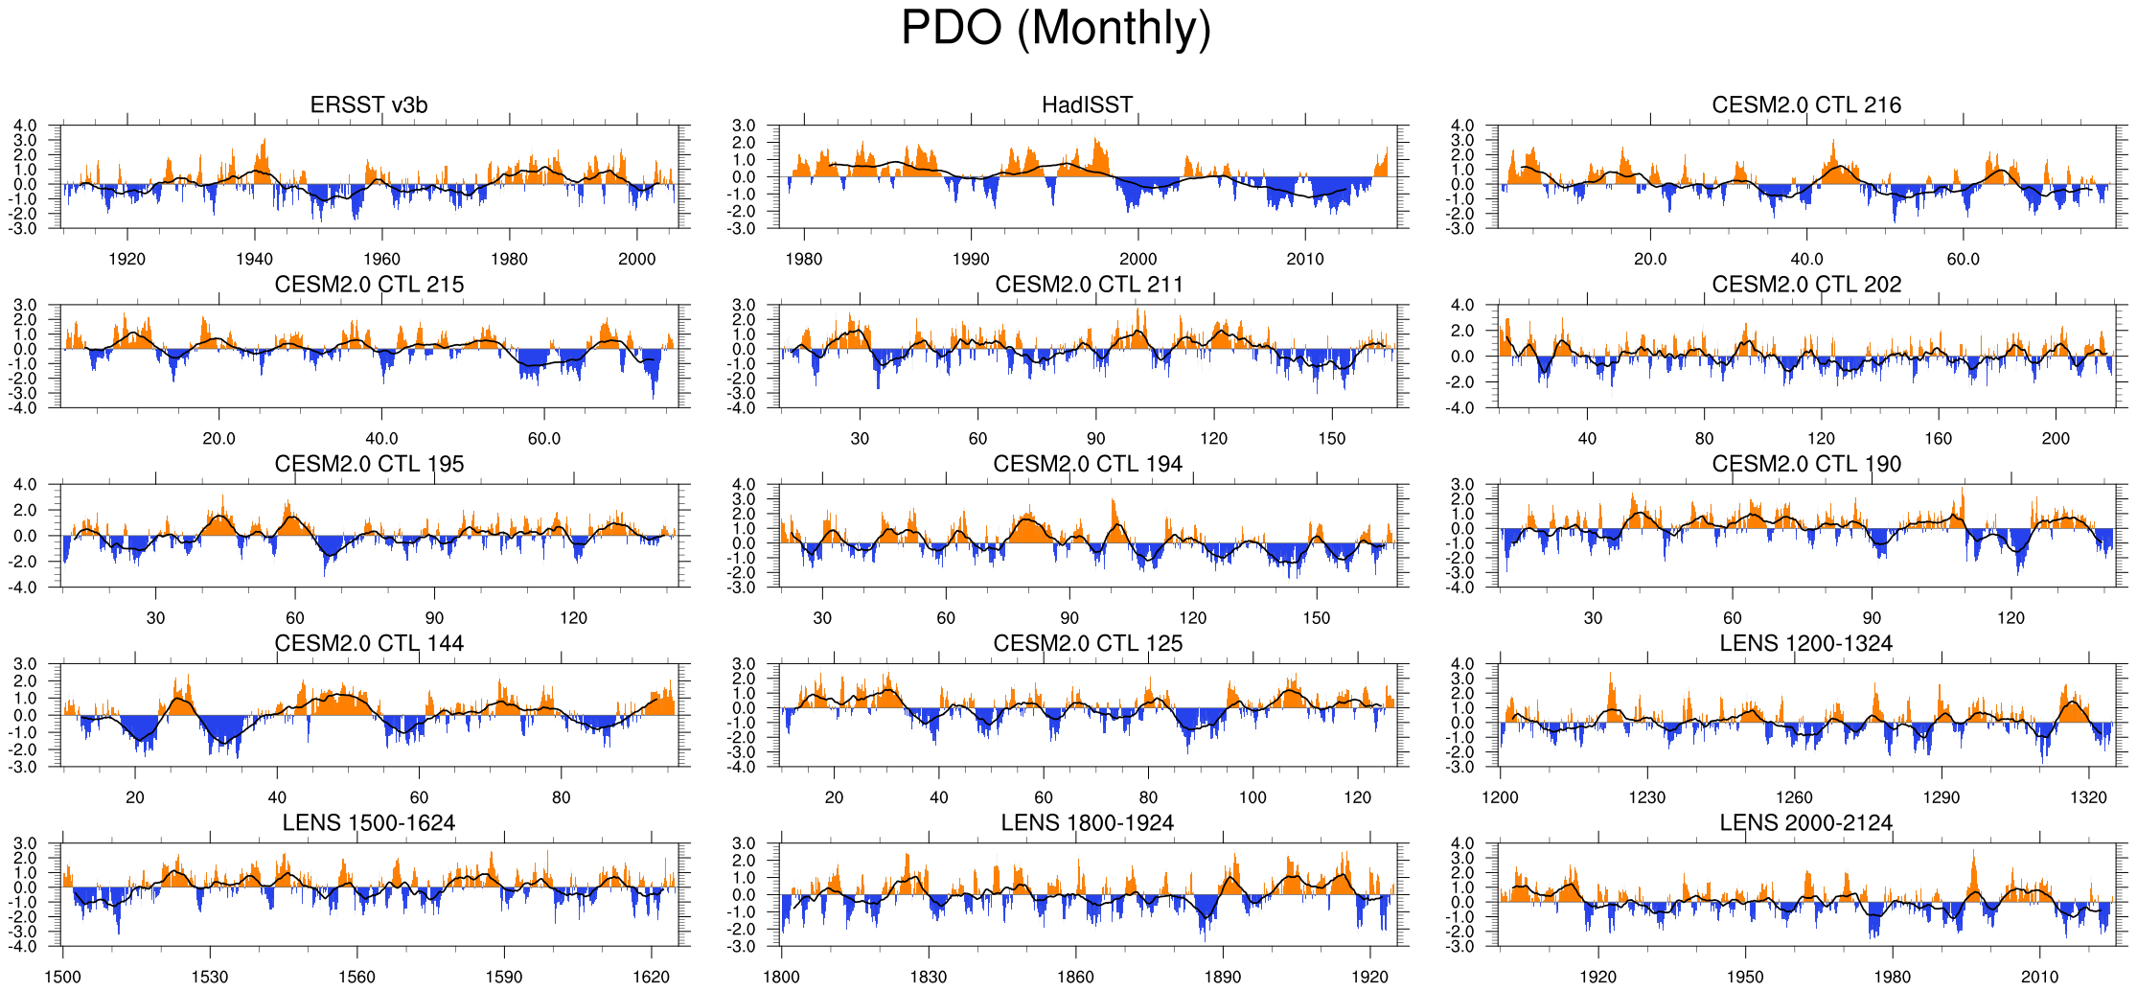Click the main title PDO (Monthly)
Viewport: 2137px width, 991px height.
[x=1056, y=29]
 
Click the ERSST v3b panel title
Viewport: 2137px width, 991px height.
[x=369, y=105]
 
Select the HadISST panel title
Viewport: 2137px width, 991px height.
[x=1088, y=105]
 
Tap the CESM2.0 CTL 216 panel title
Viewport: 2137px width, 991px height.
[x=1806, y=105]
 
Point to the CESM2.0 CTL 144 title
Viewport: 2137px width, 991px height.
[x=369, y=643]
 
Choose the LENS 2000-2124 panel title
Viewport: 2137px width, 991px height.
[x=1806, y=823]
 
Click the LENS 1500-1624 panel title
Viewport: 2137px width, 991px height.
[x=369, y=823]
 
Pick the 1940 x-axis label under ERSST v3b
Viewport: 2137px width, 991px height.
[x=254, y=259]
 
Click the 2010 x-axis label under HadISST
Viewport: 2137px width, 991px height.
[x=1305, y=259]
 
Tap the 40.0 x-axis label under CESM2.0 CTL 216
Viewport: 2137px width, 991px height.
[x=1806, y=259]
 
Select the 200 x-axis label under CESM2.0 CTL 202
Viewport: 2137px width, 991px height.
[x=2056, y=438]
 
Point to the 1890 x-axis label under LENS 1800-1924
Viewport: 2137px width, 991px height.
[x=1223, y=977]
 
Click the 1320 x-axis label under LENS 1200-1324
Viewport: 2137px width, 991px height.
[x=2089, y=797]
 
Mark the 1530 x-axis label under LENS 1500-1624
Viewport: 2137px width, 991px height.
[x=210, y=977]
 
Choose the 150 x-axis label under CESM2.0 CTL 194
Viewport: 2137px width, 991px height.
[x=1317, y=618]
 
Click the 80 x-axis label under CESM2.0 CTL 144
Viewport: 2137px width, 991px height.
[x=561, y=797]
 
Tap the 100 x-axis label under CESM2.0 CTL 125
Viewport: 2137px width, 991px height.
[x=1252, y=797]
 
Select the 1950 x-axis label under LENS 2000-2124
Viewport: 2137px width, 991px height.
[x=1745, y=977]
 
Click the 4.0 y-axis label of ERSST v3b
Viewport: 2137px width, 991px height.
[x=26, y=126]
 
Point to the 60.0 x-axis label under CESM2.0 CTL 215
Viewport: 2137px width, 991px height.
[x=544, y=438]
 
